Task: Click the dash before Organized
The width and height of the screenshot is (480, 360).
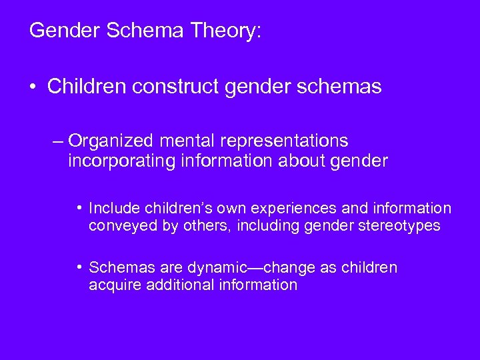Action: [x=57, y=141]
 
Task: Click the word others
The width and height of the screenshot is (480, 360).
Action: [x=197, y=226]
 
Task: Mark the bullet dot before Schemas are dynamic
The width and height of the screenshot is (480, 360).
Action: [x=80, y=267]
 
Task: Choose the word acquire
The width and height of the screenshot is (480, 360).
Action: [x=113, y=285]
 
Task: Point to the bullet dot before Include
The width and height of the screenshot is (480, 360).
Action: [x=80, y=208]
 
